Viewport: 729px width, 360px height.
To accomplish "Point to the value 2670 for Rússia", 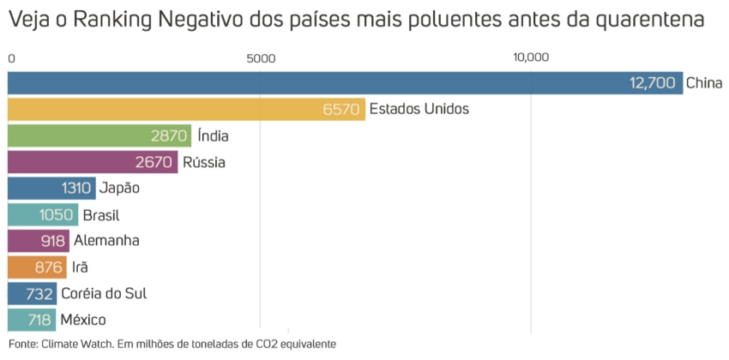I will point(155,162).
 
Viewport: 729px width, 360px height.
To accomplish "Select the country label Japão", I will point(119,188).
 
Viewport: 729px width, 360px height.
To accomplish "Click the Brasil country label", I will point(100,214).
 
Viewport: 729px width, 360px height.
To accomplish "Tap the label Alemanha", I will point(106,241).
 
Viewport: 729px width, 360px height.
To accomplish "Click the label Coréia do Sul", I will point(104,293).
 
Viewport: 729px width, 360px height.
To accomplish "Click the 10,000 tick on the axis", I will point(530,58).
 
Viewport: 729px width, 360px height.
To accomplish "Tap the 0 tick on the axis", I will point(11,58).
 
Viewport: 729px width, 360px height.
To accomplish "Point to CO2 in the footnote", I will point(276,344).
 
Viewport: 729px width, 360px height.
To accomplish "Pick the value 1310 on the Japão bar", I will point(77,188).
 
